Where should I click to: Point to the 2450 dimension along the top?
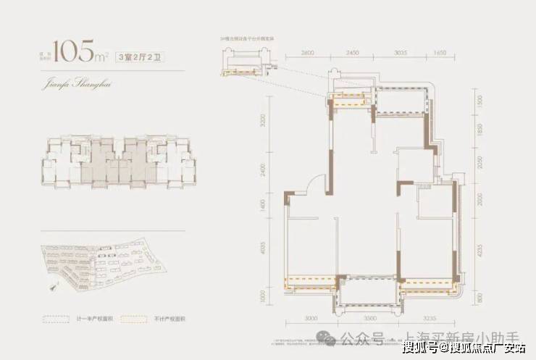tap(352, 53)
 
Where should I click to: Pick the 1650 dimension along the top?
tap(440, 53)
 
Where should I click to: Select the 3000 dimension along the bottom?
tap(311, 318)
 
